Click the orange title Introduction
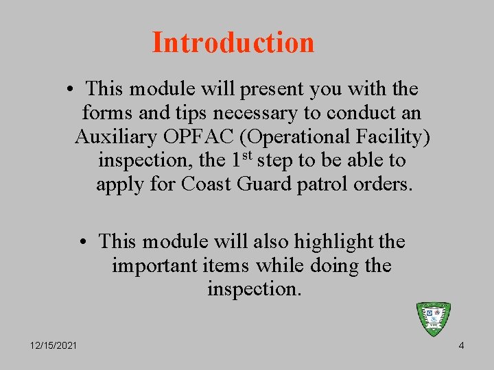233,42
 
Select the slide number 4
461,345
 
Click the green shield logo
434,319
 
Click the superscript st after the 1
248,157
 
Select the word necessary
244,113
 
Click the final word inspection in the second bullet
254,289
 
